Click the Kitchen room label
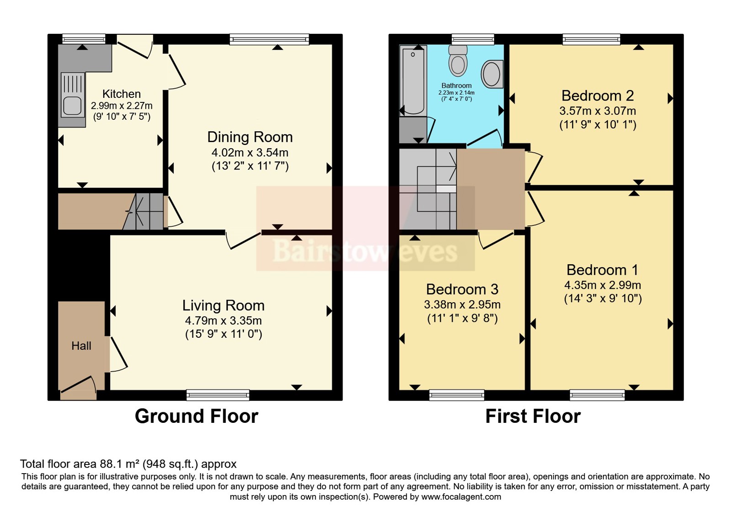point(122,94)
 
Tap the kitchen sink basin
point(72,106)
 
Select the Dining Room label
point(250,137)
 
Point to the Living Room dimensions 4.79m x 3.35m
point(223,320)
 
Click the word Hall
point(81,346)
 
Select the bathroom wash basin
point(492,74)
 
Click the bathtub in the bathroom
point(413,80)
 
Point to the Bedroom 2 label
point(598,96)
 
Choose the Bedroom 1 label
point(602,270)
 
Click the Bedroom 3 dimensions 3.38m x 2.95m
point(462,304)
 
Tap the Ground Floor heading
point(196,416)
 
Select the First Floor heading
point(533,416)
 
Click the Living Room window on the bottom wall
point(218,395)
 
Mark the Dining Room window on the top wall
point(269,39)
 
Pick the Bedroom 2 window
point(591,39)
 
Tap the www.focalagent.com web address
point(461,497)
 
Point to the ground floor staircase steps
point(143,211)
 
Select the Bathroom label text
point(456,85)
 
